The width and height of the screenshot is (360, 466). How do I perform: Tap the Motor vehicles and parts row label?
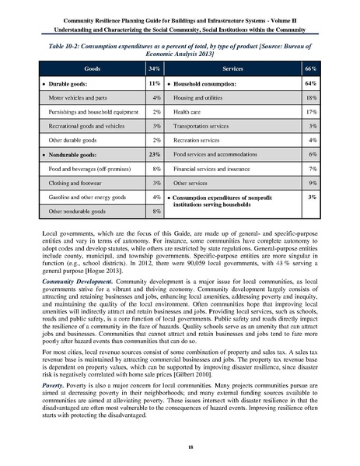coord(79,97)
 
